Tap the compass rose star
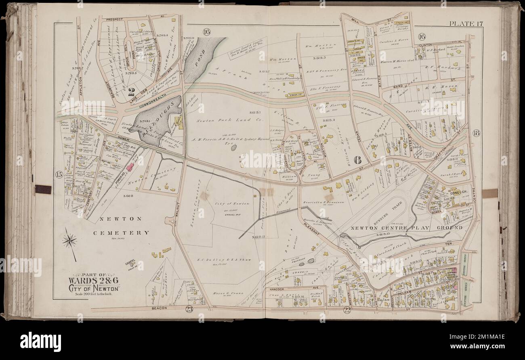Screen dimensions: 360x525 69,241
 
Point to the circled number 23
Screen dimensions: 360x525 189,310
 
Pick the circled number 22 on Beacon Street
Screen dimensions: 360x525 347,310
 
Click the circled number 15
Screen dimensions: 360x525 59,175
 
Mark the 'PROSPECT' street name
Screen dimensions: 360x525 115,19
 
